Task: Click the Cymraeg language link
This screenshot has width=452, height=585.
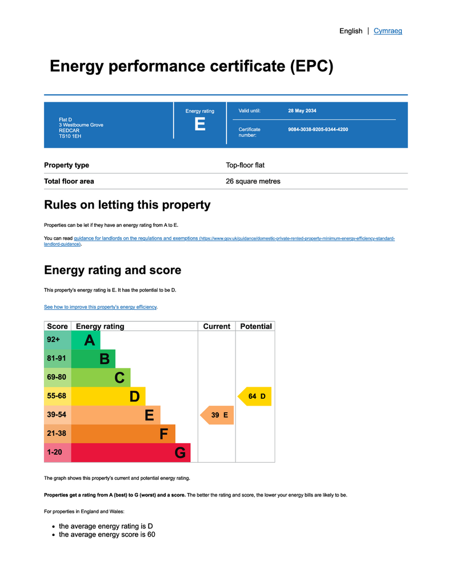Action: tap(387, 31)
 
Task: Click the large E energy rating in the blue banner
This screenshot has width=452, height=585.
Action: tap(199, 124)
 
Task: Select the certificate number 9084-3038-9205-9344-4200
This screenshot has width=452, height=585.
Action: tap(318, 130)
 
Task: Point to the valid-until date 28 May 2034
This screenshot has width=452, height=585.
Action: tap(302, 111)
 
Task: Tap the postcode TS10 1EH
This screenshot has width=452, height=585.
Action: tap(70, 137)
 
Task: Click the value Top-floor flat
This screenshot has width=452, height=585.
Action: tap(245, 165)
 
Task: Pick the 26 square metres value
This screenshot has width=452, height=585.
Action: tap(253, 182)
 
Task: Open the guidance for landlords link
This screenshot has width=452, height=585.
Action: tap(136, 238)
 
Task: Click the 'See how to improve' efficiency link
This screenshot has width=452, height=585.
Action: tap(101, 307)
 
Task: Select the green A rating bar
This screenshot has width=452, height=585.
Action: tap(86, 340)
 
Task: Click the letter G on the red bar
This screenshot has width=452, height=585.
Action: tap(180, 453)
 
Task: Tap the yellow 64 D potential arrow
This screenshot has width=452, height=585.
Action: tap(255, 396)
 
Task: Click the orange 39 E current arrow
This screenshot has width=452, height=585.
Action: tap(218, 415)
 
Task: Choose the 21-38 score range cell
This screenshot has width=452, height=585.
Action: tap(57, 434)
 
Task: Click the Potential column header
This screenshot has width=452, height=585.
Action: tap(255, 326)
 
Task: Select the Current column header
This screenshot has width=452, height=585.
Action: tap(217, 326)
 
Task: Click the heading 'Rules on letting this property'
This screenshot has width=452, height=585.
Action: tap(127, 205)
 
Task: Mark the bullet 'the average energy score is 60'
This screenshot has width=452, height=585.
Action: tap(107, 535)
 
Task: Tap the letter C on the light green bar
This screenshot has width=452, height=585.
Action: tap(119, 378)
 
